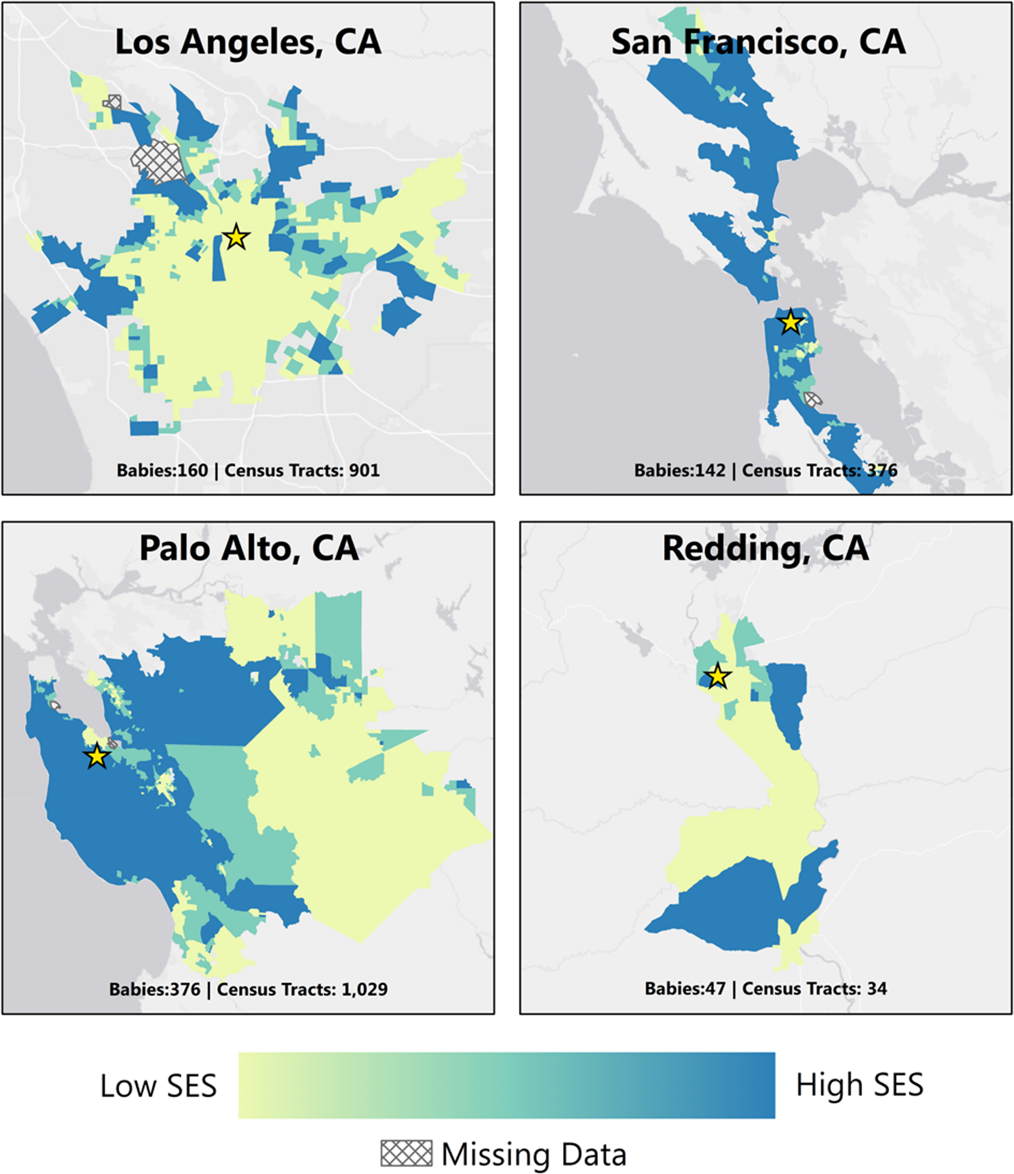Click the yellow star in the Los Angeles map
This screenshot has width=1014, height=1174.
236,238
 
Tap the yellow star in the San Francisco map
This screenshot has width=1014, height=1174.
791,322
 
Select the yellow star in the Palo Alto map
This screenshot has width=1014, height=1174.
97,755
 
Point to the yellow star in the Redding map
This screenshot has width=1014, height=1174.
718,677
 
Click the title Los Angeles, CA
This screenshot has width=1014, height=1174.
248,42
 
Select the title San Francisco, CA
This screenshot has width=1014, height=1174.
758,42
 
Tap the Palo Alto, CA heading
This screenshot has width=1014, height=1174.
248,548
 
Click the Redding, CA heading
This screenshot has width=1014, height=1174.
765,548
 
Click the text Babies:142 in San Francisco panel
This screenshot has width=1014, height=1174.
679,470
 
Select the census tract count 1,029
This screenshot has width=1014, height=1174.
364,989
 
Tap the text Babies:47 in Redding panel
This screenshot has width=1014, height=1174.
685,989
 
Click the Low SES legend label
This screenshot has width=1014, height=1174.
158,1086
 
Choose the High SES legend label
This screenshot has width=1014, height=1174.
859,1084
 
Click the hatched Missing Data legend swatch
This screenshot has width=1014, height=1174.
406,1153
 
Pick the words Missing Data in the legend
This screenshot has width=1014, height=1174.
534,1154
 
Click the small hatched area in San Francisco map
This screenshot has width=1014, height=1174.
812,399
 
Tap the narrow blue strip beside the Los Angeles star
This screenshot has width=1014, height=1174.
218,258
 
